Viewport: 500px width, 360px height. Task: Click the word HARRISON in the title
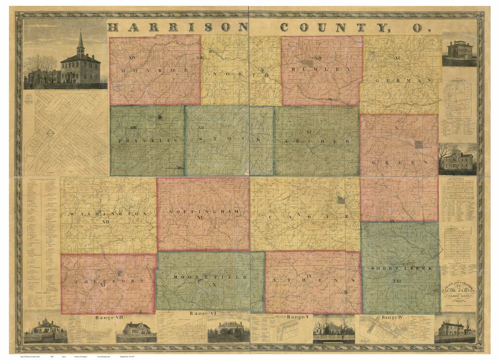pos(178,27)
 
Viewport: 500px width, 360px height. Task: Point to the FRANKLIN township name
pos(147,141)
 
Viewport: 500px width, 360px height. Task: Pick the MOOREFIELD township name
pos(206,277)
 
